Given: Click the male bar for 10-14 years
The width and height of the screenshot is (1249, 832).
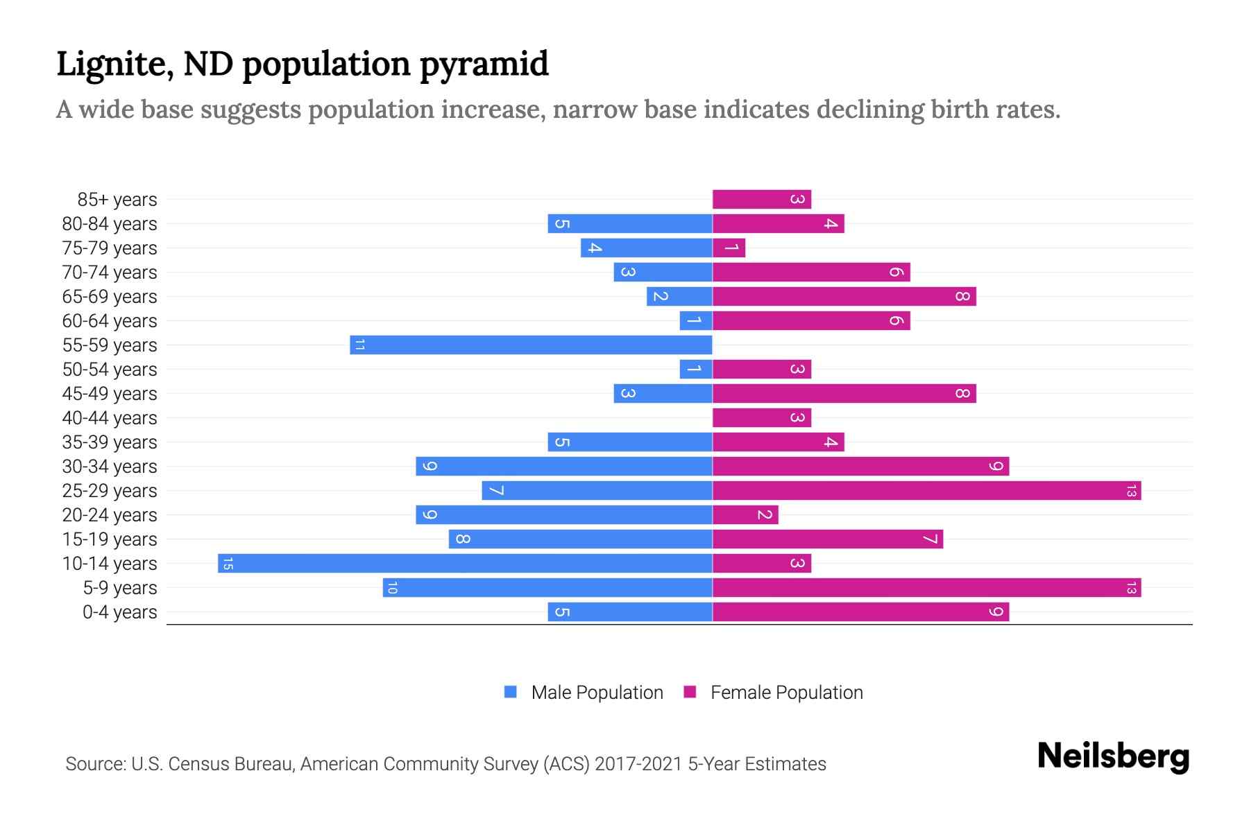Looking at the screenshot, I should point(465,563).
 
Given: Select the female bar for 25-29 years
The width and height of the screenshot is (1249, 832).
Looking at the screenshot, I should point(926,491).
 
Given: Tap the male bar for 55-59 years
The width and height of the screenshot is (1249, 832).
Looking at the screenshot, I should point(531,345).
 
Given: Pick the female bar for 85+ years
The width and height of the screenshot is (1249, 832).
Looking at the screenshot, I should point(761,200).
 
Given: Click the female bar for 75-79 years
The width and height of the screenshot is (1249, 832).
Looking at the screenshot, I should point(729,248).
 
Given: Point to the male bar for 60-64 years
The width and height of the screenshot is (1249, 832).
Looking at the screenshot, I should point(696,321).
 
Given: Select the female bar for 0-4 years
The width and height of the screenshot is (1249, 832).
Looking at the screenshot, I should point(860,612).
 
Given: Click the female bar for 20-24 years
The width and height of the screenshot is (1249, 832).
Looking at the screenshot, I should point(745,515).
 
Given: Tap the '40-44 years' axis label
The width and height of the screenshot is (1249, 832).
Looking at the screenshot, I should point(110,418).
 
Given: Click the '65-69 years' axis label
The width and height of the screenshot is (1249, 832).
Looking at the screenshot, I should point(110,297).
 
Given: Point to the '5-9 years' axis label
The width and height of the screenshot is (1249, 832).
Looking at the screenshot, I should point(120,588).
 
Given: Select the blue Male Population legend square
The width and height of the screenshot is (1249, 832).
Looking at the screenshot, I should point(511,692).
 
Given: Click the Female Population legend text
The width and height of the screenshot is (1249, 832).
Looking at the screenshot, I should point(786,693).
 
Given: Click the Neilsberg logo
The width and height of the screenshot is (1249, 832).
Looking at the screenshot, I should point(1113,756).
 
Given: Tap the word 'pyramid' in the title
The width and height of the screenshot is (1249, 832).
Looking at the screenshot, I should point(484,64).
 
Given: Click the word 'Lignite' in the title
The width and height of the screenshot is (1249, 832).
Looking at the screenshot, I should point(114,64).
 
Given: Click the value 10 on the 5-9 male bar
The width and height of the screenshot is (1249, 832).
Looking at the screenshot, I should point(392,588).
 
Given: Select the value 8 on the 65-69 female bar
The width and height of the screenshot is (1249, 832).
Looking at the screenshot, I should point(962,297).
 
